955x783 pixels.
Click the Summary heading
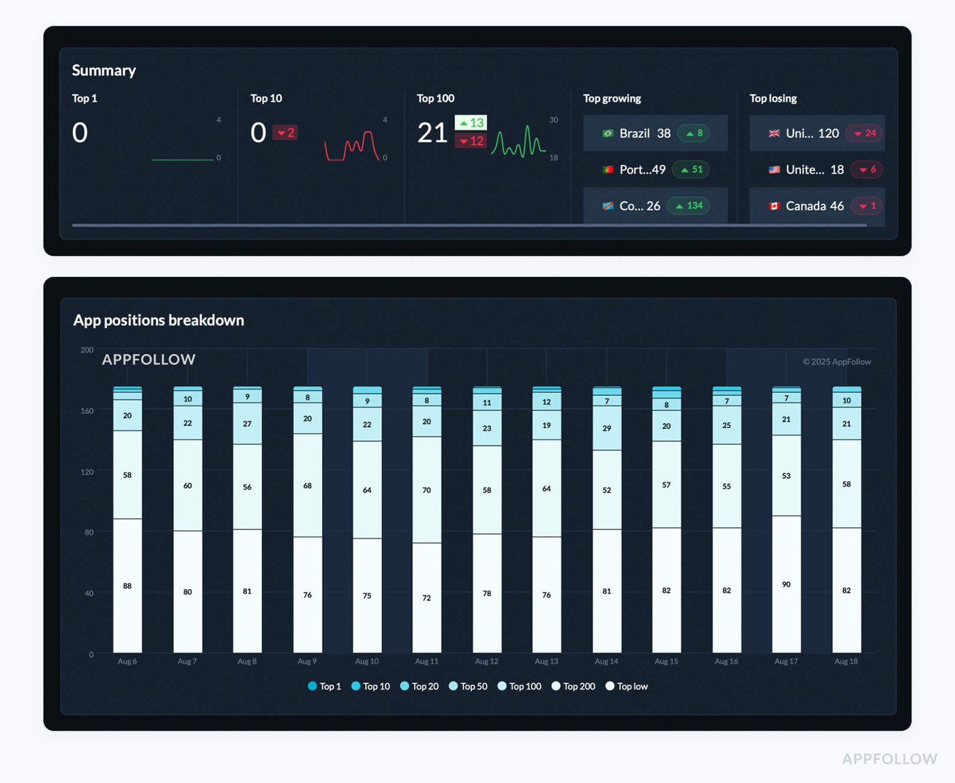coord(104,70)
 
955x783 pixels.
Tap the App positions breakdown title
coord(158,320)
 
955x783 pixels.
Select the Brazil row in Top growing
coord(655,133)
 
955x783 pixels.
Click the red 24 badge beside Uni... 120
coord(864,133)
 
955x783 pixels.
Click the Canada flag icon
coord(774,206)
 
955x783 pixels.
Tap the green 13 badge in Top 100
coord(471,123)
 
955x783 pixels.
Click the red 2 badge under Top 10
coord(285,132)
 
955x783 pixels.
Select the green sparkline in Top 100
coord(518,142)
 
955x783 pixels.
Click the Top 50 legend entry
coord(468,686)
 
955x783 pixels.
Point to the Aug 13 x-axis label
coord(546,661)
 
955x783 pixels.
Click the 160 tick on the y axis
coord(87,411)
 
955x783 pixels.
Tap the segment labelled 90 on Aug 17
coord(787,584)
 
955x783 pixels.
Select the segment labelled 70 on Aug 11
coord(426,490)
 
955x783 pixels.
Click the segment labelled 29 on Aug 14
coord(606,428)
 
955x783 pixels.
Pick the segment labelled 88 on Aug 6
coord(128,585)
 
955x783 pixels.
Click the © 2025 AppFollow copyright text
coord(836,361)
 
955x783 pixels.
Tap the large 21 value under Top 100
coord(432,132)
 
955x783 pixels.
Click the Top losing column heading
coord(773,98)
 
